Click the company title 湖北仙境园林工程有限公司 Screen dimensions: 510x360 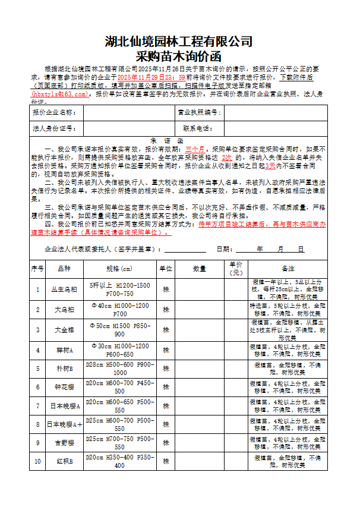point(179,42)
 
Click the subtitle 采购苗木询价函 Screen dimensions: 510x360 point(179,57)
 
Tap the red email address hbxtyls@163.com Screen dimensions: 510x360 point(60,94)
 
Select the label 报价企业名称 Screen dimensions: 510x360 point(54,112)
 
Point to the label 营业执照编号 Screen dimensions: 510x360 point(198,112)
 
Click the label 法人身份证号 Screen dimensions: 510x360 point(54,128)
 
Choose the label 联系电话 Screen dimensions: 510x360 point(198,128)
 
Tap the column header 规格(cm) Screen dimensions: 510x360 point(119,269)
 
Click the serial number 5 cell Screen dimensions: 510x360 point(37,369)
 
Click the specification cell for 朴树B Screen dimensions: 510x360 point(119,369)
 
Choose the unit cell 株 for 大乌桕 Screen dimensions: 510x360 point(166,310)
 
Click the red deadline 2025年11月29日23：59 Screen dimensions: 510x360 point(151,77)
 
